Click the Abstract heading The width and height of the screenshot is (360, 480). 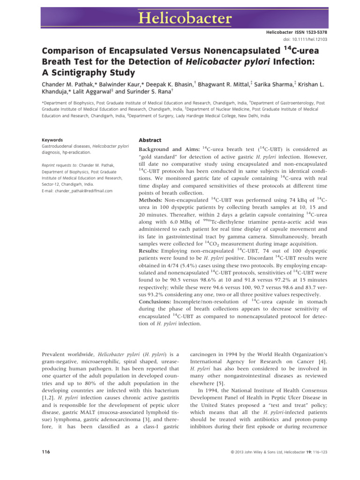150,140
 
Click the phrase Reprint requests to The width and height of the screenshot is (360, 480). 60,165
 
